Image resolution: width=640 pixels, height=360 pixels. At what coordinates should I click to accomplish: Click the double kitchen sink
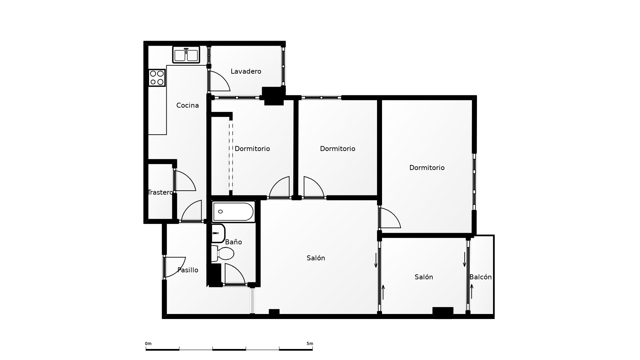(x=186, y=55)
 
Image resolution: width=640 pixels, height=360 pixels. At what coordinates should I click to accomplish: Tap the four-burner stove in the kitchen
(x=157, y=78)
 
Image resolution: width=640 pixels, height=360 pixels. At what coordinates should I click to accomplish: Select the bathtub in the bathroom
(x=233, y=212)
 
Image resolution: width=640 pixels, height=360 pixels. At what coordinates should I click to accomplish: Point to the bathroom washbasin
(x=218, y=233)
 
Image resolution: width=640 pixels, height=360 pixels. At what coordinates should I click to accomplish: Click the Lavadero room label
(x=246, y=71)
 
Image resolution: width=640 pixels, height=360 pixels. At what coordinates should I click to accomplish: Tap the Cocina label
(x=188, y=105)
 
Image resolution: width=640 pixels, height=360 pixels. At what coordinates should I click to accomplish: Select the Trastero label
(x=160, y=192)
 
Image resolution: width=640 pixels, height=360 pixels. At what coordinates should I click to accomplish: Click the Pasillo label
(x=188, y=270)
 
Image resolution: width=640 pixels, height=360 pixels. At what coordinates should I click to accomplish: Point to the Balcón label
(x=481, y=277)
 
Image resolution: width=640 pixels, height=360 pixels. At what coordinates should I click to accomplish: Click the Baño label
(x=233, y=242)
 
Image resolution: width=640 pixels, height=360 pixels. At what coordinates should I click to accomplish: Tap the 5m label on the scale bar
(x=310, y=344)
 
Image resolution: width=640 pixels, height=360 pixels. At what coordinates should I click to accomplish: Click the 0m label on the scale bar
(x=148, y=344)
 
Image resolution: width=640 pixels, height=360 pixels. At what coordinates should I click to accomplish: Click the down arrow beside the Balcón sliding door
(x=464, y=260)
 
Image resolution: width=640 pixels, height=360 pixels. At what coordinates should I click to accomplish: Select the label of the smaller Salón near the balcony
(x=424, y=277)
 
